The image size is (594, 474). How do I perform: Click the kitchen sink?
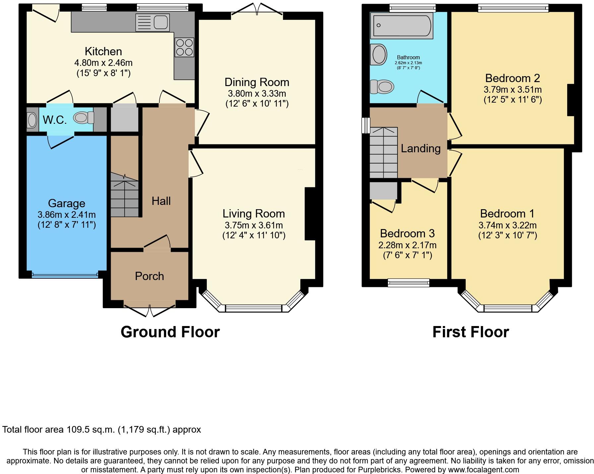tap(153, 23)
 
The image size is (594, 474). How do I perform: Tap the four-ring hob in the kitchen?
tap(184, 47)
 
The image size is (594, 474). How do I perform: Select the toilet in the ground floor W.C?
tap(84, 118)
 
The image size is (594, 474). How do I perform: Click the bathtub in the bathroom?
tap(402, 25)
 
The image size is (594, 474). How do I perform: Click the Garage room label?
tap(67, 203)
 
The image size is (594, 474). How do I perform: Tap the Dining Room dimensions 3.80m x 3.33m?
tap(257, 93)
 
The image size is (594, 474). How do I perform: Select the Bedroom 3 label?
tap(407, 233)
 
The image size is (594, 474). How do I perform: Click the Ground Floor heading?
tap(170, 332)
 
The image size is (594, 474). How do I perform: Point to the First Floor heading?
tap(470, 332)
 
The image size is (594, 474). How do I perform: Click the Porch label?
tap(149, 276)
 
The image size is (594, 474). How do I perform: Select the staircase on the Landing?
tap(384, 152)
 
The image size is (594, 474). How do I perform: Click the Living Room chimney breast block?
tap(310, 213)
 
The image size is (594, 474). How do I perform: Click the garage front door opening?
tap(65, 274)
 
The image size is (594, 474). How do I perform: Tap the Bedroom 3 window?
tap(408, 282)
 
